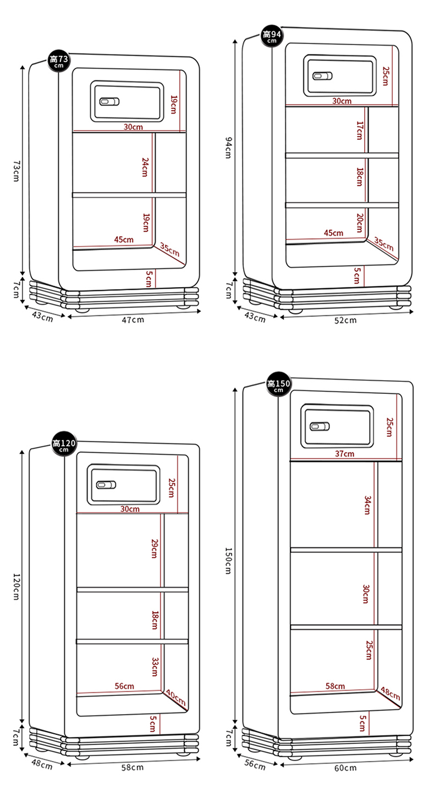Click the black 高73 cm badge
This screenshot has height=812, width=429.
coord(59,60)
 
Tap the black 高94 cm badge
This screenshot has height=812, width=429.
coord(272,36)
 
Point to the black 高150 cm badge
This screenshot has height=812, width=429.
coord(278,384)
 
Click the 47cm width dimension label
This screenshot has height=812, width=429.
coord(133,320)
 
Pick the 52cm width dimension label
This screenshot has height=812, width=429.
coord(345,320)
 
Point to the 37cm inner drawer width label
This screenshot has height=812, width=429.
coord(345,453)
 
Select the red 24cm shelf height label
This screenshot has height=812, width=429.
coord(145,167)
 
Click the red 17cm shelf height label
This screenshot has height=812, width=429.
coord(360,130)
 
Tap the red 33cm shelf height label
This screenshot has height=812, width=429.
coord(155,666)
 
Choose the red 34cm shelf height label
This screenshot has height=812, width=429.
coord(367,505)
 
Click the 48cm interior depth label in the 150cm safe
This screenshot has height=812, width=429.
coord(391,693)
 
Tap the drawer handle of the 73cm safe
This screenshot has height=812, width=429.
coord(109,101)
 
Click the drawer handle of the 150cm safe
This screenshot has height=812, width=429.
coord(320,426)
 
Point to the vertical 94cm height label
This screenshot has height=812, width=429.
coord(228,147)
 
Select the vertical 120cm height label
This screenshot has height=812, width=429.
coord(16,586)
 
